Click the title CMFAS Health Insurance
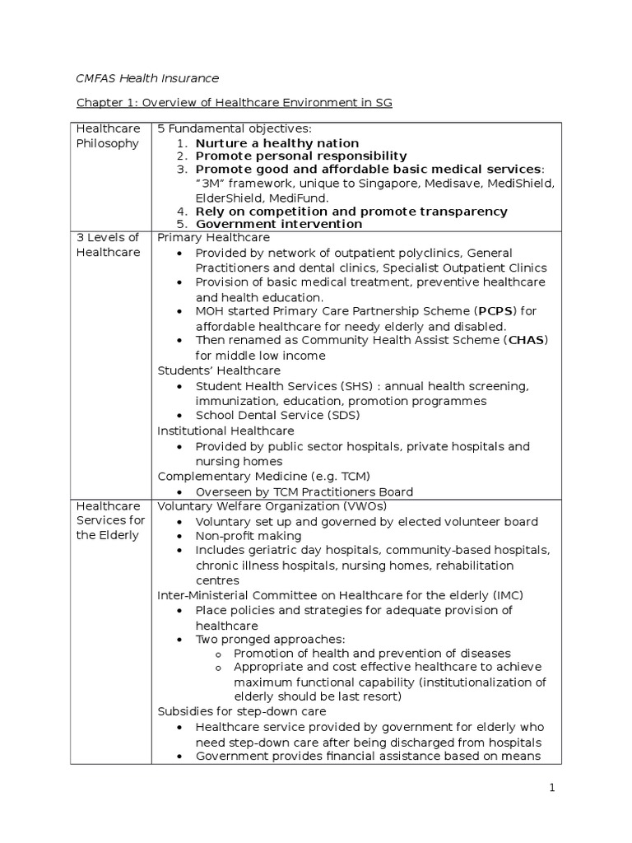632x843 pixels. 147,78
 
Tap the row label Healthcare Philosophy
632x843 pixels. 108,136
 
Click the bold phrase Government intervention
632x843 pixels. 278,224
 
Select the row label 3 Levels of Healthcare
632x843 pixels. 108,245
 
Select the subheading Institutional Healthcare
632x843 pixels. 225,431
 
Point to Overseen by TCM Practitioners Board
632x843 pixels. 304,491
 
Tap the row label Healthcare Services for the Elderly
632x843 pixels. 110,520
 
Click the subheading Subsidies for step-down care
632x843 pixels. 242,711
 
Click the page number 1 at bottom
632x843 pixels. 553,788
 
